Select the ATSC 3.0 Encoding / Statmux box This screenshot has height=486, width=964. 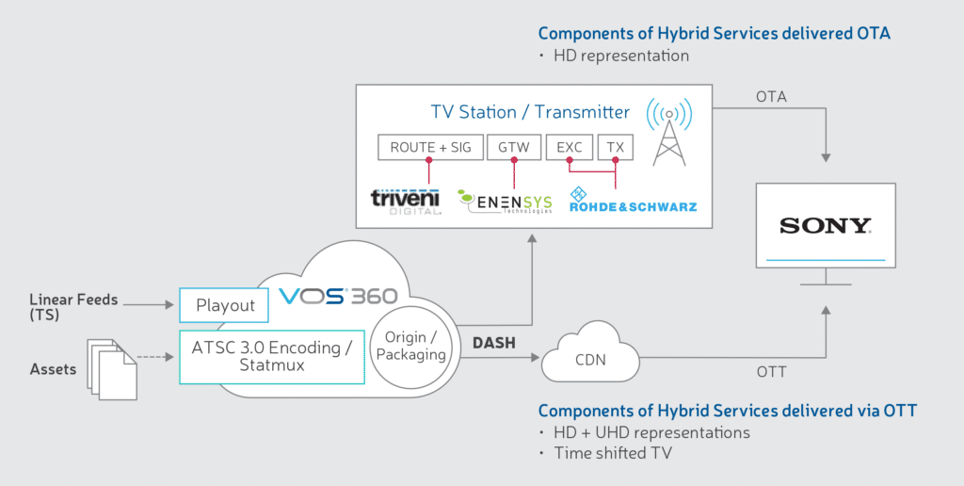click(x=271, y=356)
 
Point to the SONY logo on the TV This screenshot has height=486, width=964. click(x=825, y=226)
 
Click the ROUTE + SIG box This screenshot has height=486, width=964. click(x=430, y=147)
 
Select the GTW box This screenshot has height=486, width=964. click(x=514, y=147)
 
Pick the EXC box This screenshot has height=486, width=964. click(x=570, y=147)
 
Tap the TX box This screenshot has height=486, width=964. click(x=616, y=147)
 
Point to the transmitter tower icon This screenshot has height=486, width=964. click(x=669, y=132)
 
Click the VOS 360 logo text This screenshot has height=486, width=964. click(x=338, y=296)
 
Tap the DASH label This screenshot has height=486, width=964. click(x=493, y=344)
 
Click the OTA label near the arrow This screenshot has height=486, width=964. click(x=771, y=97)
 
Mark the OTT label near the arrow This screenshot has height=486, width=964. click(x=771, y=372)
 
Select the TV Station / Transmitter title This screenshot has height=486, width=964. click(x=530, y=112)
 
